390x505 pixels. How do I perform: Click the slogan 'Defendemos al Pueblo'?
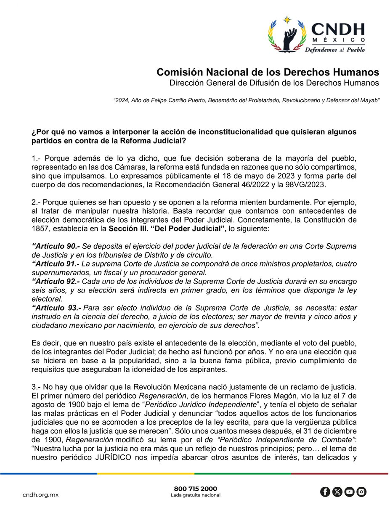pyautogui.click(x=335, y=49)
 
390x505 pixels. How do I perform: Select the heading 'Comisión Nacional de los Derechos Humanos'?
pyautogui.click(x=268, y=72)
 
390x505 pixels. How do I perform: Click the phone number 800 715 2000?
pyautogui.click(x=195, y=489)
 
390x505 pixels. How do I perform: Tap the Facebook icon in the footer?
pyautogui.click(x=325, y=492)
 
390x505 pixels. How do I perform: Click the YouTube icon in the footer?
pyautogui.click(x=349, y=492)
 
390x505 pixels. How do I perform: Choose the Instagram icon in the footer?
pyautogui.click(x=361, y=492)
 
